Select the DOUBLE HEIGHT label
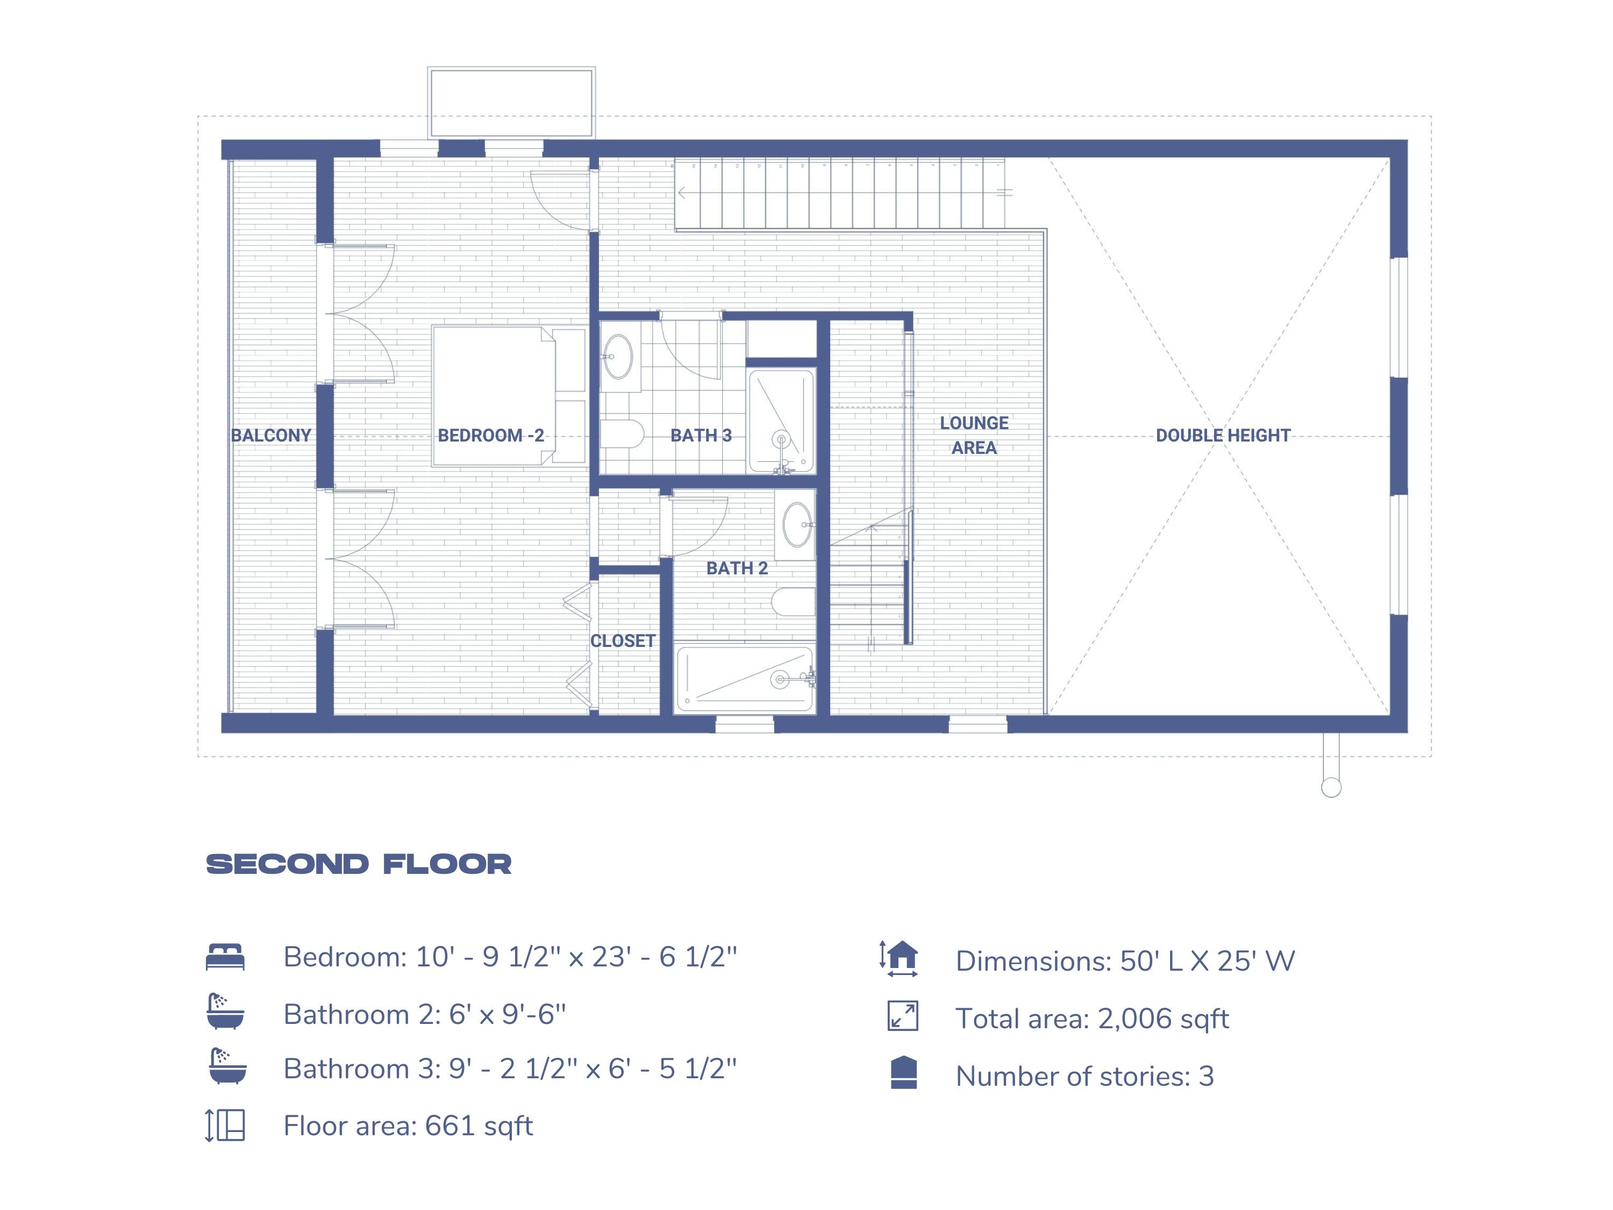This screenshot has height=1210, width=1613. tap(1222, 436)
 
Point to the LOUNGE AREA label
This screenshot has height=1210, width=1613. tap(974, 436)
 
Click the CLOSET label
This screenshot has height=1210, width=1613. tap(622, 641)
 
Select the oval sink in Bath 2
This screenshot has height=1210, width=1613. tap(797, 524)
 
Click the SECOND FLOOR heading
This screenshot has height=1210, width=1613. tap(359, 864)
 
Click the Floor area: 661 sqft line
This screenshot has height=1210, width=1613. tap(408, 1126)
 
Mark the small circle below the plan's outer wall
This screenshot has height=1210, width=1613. tap(1331, 788)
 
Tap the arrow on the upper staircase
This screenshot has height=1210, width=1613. tap(682, 193)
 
